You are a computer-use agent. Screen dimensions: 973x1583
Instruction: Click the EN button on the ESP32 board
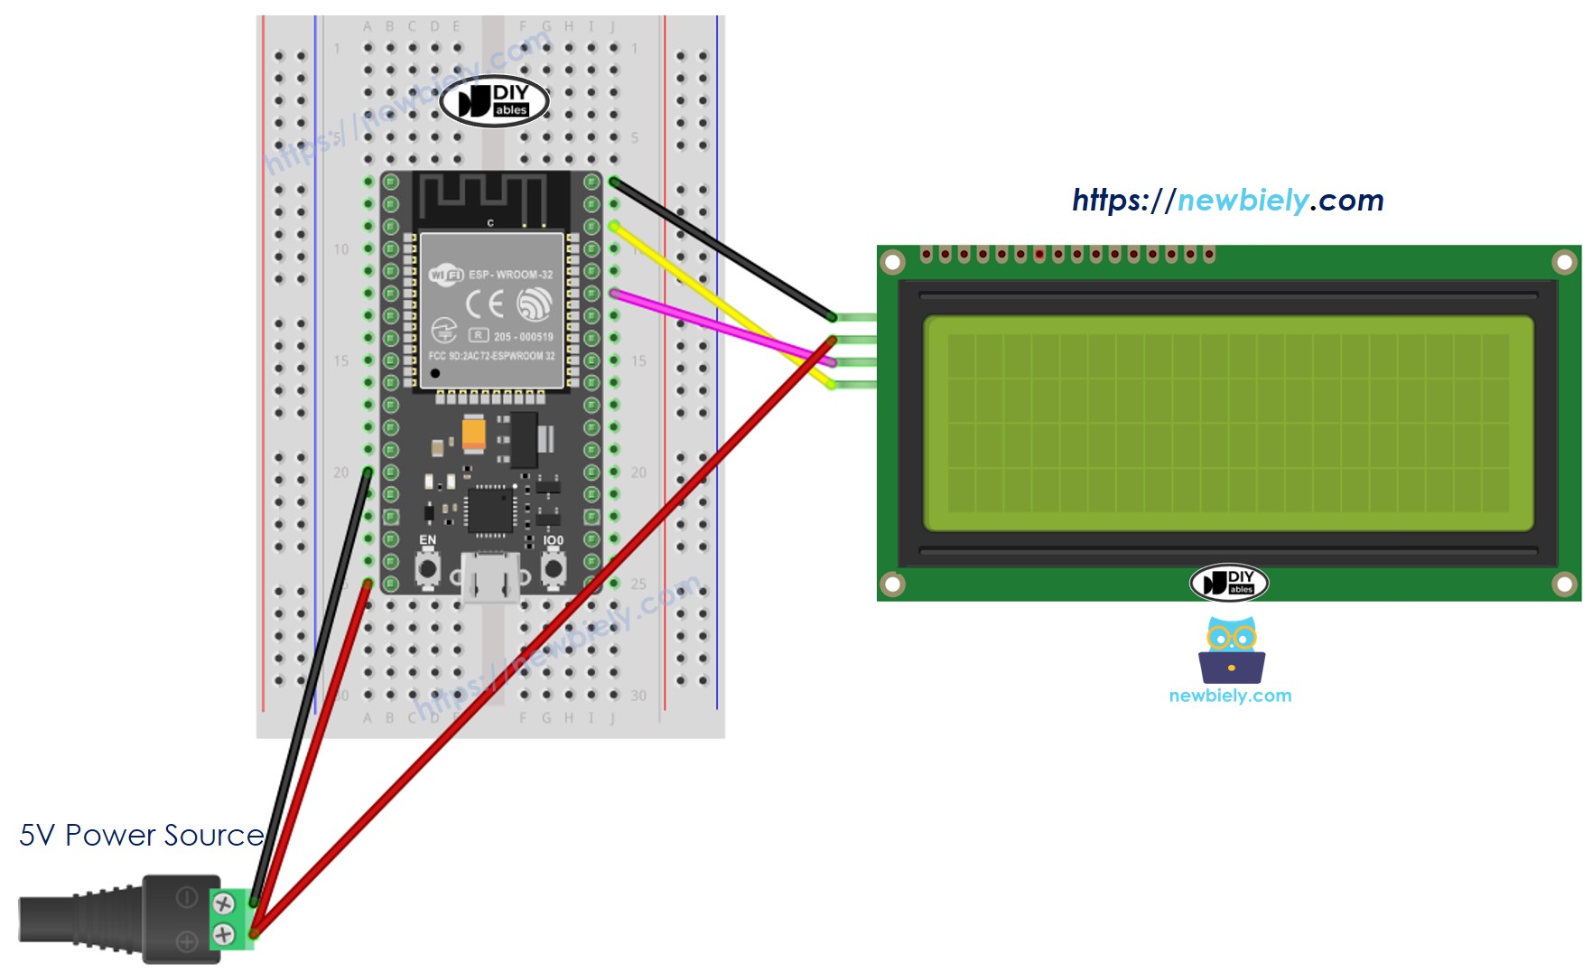427,568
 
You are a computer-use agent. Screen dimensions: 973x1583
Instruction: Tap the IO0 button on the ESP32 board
553,568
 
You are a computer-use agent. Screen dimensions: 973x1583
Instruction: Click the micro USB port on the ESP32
490,577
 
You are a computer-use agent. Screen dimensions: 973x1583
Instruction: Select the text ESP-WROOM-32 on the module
510,275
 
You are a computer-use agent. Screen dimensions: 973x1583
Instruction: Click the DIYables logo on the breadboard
495,101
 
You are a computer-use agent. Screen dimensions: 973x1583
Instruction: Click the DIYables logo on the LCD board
1229,583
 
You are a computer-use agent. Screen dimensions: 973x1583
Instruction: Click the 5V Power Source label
141,835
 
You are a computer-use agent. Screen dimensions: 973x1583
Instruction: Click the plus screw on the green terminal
223,934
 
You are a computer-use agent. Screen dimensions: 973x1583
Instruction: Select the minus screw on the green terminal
223,903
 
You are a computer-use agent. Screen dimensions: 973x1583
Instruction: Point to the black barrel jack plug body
81,919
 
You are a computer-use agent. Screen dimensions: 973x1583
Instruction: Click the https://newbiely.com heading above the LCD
1227,200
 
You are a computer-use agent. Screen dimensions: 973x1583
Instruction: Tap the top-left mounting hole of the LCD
892,262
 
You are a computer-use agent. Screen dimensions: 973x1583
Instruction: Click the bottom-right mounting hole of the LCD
1564,584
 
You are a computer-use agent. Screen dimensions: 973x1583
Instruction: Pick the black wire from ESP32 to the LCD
722,249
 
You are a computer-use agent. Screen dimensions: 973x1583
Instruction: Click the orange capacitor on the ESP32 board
473,433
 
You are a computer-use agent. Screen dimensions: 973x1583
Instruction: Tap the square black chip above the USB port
490,510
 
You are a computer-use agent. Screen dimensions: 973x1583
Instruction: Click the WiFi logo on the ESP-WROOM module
446,274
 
